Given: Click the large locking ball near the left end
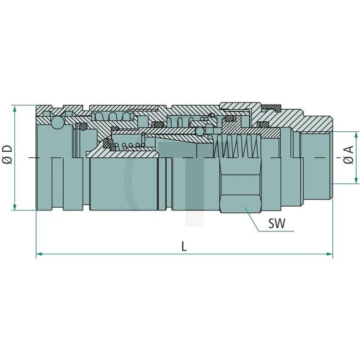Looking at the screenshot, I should tap(58, 122).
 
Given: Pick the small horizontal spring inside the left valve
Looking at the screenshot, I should tap(130, 146).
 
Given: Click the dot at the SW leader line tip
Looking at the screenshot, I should tap(247, 209).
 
